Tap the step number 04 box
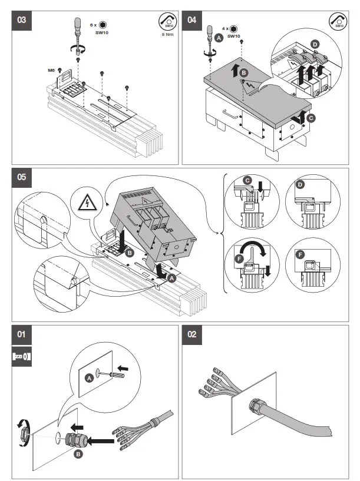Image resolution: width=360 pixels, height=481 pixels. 192,19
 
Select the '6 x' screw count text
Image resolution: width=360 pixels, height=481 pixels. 93,25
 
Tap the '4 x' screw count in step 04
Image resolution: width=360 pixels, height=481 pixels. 225,28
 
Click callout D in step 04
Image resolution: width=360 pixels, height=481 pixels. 315,44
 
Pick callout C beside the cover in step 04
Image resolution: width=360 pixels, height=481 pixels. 311,118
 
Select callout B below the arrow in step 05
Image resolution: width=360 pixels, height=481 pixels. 128,253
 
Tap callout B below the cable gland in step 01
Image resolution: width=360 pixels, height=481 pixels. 78,455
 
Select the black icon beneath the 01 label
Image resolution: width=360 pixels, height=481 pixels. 22,356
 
